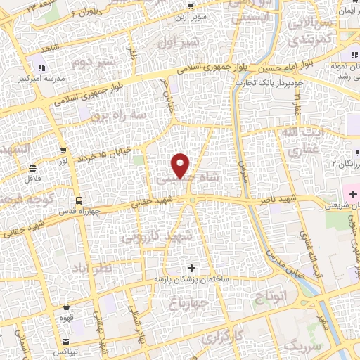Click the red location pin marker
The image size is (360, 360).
point(181,165)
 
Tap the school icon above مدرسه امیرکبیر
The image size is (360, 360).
point(41,67)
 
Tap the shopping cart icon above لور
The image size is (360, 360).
point(64,150)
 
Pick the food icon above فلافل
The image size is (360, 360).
point(33,168)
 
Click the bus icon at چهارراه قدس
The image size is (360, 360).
point(79,200)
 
